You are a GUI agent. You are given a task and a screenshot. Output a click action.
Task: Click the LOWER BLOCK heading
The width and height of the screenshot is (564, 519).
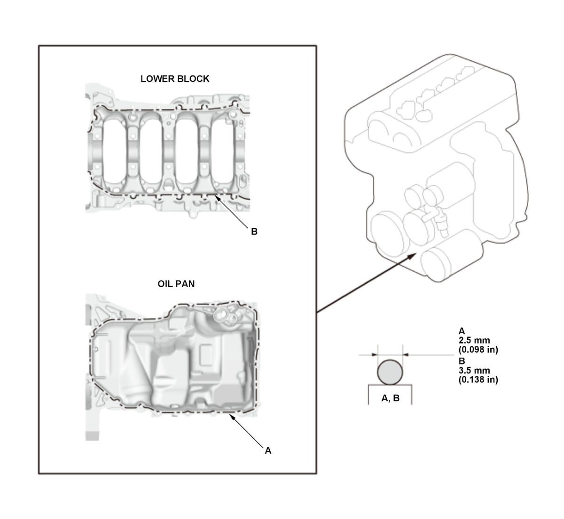point(174,79)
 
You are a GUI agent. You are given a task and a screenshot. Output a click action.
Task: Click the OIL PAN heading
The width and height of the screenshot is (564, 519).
point(176,284)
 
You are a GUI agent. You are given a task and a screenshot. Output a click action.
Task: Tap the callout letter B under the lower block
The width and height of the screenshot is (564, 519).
point(254,232)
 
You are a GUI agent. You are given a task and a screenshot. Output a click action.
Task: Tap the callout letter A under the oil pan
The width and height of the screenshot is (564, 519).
point(268,451)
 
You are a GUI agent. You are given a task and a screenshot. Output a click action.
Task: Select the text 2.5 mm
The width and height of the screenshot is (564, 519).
point(474,340)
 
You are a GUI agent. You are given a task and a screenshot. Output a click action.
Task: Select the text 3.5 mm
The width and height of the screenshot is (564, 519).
point(474,370)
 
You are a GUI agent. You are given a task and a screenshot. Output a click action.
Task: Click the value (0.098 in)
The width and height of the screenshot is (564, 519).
point(478,350)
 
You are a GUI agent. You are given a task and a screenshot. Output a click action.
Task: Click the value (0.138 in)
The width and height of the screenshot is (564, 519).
point(478,380)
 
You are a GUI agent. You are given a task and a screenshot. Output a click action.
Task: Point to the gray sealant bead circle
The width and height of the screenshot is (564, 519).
point(390,372)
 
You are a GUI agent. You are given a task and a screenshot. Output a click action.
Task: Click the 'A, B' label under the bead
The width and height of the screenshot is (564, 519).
point(390,398)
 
